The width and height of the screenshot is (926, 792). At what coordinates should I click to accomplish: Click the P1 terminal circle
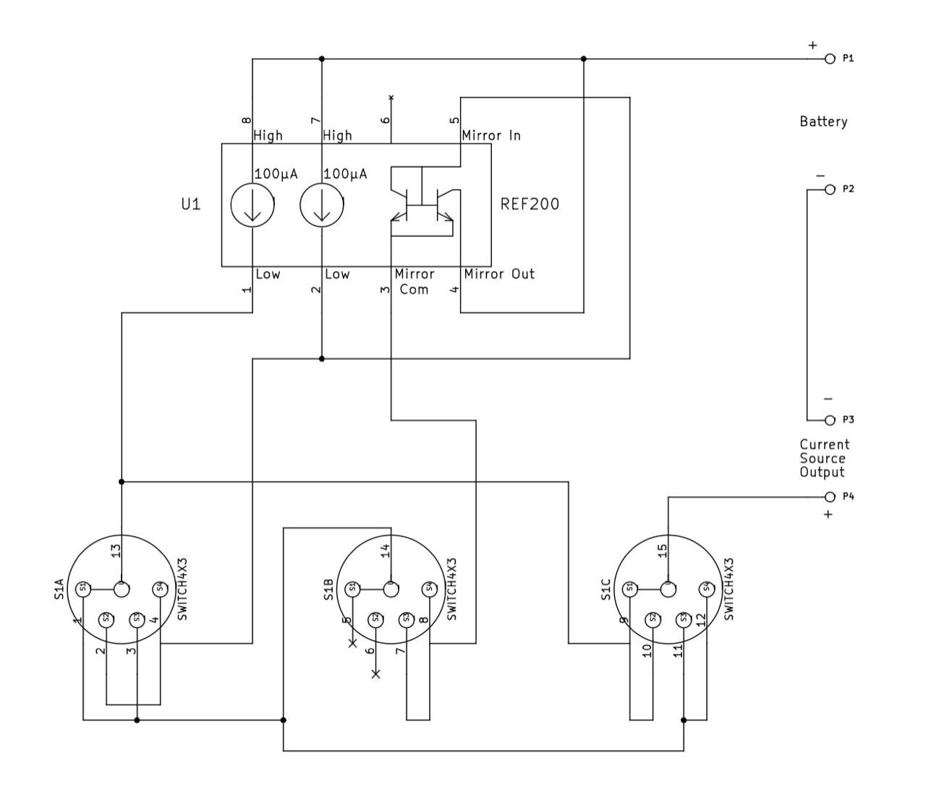(x=830, y=59)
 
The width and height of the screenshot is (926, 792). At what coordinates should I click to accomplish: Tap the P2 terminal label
(x=849, y=189)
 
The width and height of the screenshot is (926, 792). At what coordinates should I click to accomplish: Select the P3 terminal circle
(x=830, y=420)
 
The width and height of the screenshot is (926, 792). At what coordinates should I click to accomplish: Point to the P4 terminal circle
(x=830, y=496)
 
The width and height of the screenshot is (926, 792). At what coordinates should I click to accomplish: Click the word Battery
(x=823, y=121)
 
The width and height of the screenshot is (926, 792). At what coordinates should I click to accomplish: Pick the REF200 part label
(x=530, y=204)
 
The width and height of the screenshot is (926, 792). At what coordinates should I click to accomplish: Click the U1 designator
(x=190, y=205)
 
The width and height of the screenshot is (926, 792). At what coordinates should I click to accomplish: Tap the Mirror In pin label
(x=491, y=135)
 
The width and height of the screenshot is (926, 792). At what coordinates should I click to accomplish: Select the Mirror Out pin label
(x=499, y=274)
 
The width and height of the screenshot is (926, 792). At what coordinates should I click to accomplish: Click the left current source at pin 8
(x=252, y=205)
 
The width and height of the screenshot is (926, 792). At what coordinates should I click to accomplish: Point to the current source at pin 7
(x=322, y=205)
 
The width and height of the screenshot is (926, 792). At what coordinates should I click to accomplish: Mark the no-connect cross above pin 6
(x=391, y=96)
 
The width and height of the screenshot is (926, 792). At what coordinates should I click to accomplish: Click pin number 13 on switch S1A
(x=115, y=551)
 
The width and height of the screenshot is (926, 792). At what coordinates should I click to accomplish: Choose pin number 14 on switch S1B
(x=386, y=551)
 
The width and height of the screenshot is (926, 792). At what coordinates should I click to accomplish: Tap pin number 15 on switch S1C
(x=662, y=551)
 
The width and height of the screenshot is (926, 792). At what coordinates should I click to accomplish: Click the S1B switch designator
(x=328, y=590)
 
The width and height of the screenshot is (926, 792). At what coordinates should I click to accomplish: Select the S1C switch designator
(x=606, y=589)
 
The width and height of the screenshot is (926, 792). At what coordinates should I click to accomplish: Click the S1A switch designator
(x=59, y=589)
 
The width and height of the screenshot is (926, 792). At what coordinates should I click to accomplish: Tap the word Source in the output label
(x=823, y=458)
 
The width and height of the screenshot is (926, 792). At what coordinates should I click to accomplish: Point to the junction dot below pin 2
(x=322, y=358)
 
